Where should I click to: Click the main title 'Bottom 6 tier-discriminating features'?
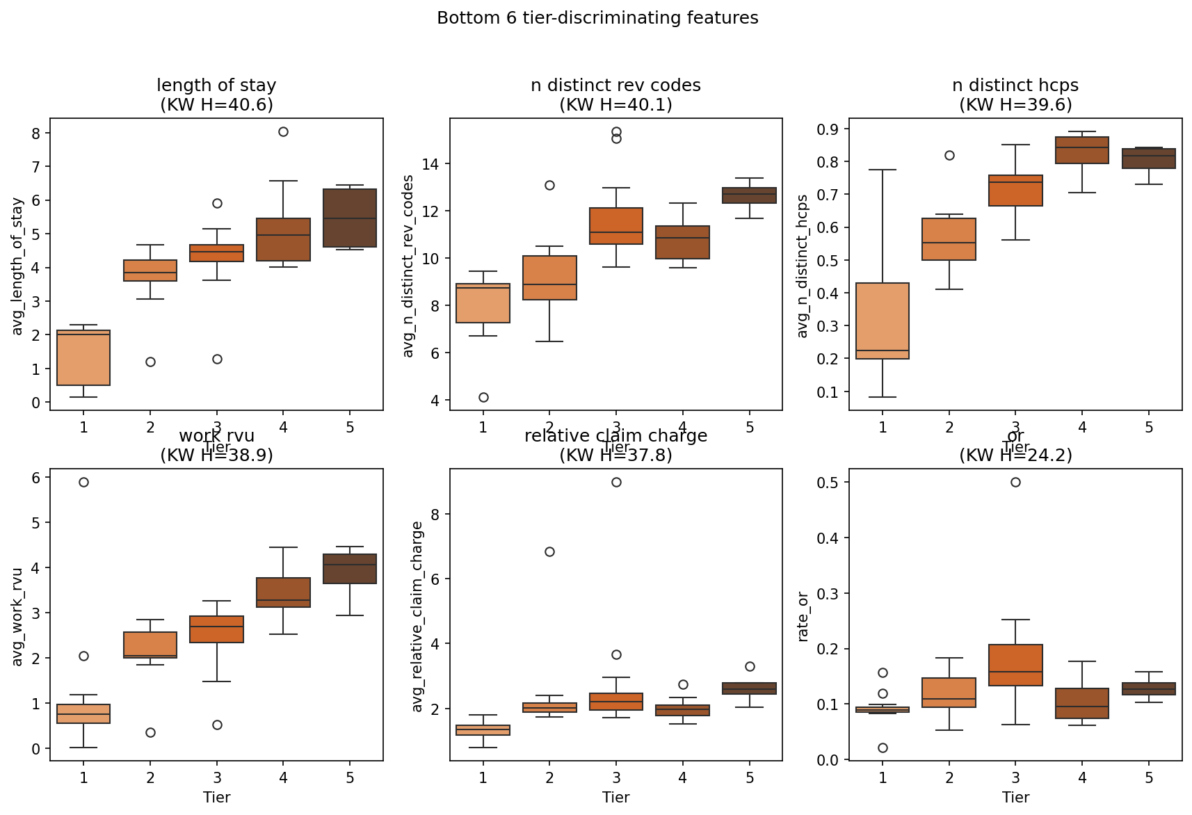[x=597, y=18]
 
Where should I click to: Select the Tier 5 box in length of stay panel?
[x=350, y=218]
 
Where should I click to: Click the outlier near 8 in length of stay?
[x=283, y=132]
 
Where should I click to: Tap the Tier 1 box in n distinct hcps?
[x=883, y=321]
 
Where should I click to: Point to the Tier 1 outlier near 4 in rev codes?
[x=483, y=398]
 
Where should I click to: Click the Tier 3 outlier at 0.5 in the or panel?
[x=1015, y=482]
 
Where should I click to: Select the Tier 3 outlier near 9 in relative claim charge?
[x=616, y=482]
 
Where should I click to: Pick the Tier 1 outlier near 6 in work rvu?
[x=83, y=482]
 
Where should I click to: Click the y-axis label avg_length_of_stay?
[x=18, y=266]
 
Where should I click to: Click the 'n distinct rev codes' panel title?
[x=615, y=86]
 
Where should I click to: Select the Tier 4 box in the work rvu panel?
[x=283, y=592]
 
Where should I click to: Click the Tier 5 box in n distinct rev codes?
[x=750, y=195]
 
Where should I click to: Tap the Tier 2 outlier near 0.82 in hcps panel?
[x=949, y=155]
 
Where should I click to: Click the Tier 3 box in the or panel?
[x=1015, y=665]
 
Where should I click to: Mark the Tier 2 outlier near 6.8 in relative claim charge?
[x=549, y=551]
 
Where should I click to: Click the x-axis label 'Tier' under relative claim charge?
[x=615, y=797]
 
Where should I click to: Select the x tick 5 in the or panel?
[x=1149, y=777]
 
